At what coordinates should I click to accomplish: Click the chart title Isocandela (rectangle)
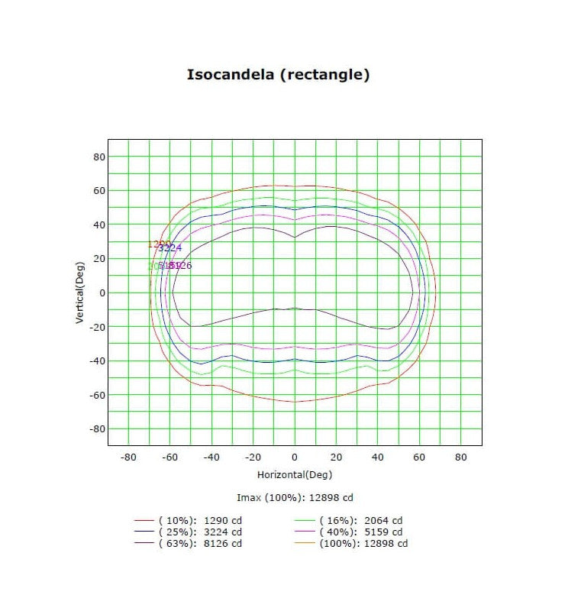point(279,75)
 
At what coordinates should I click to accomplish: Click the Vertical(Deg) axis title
point(79,293)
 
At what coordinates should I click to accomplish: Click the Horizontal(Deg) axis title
point(294,474)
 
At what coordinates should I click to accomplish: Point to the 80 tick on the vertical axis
point(98,157)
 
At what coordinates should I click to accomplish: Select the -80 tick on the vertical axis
point(96,428)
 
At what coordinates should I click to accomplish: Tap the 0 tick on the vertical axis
point(101,293)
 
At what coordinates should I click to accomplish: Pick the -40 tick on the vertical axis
point(96,360)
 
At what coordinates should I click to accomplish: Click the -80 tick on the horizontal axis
point(128,457)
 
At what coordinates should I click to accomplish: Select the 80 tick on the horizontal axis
point(460,457)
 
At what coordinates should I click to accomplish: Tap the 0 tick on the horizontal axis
point(295,457)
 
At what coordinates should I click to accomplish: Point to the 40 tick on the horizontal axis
point(377,457)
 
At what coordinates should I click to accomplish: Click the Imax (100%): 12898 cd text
point(295,498)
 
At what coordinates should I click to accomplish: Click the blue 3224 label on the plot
point(170,248)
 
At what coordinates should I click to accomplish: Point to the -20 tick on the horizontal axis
point(253,457)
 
